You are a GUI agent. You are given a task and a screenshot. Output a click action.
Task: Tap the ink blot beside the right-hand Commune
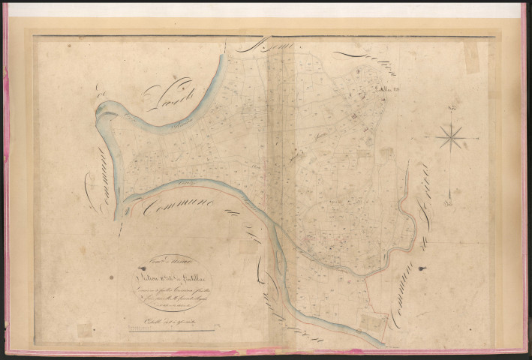424,267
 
